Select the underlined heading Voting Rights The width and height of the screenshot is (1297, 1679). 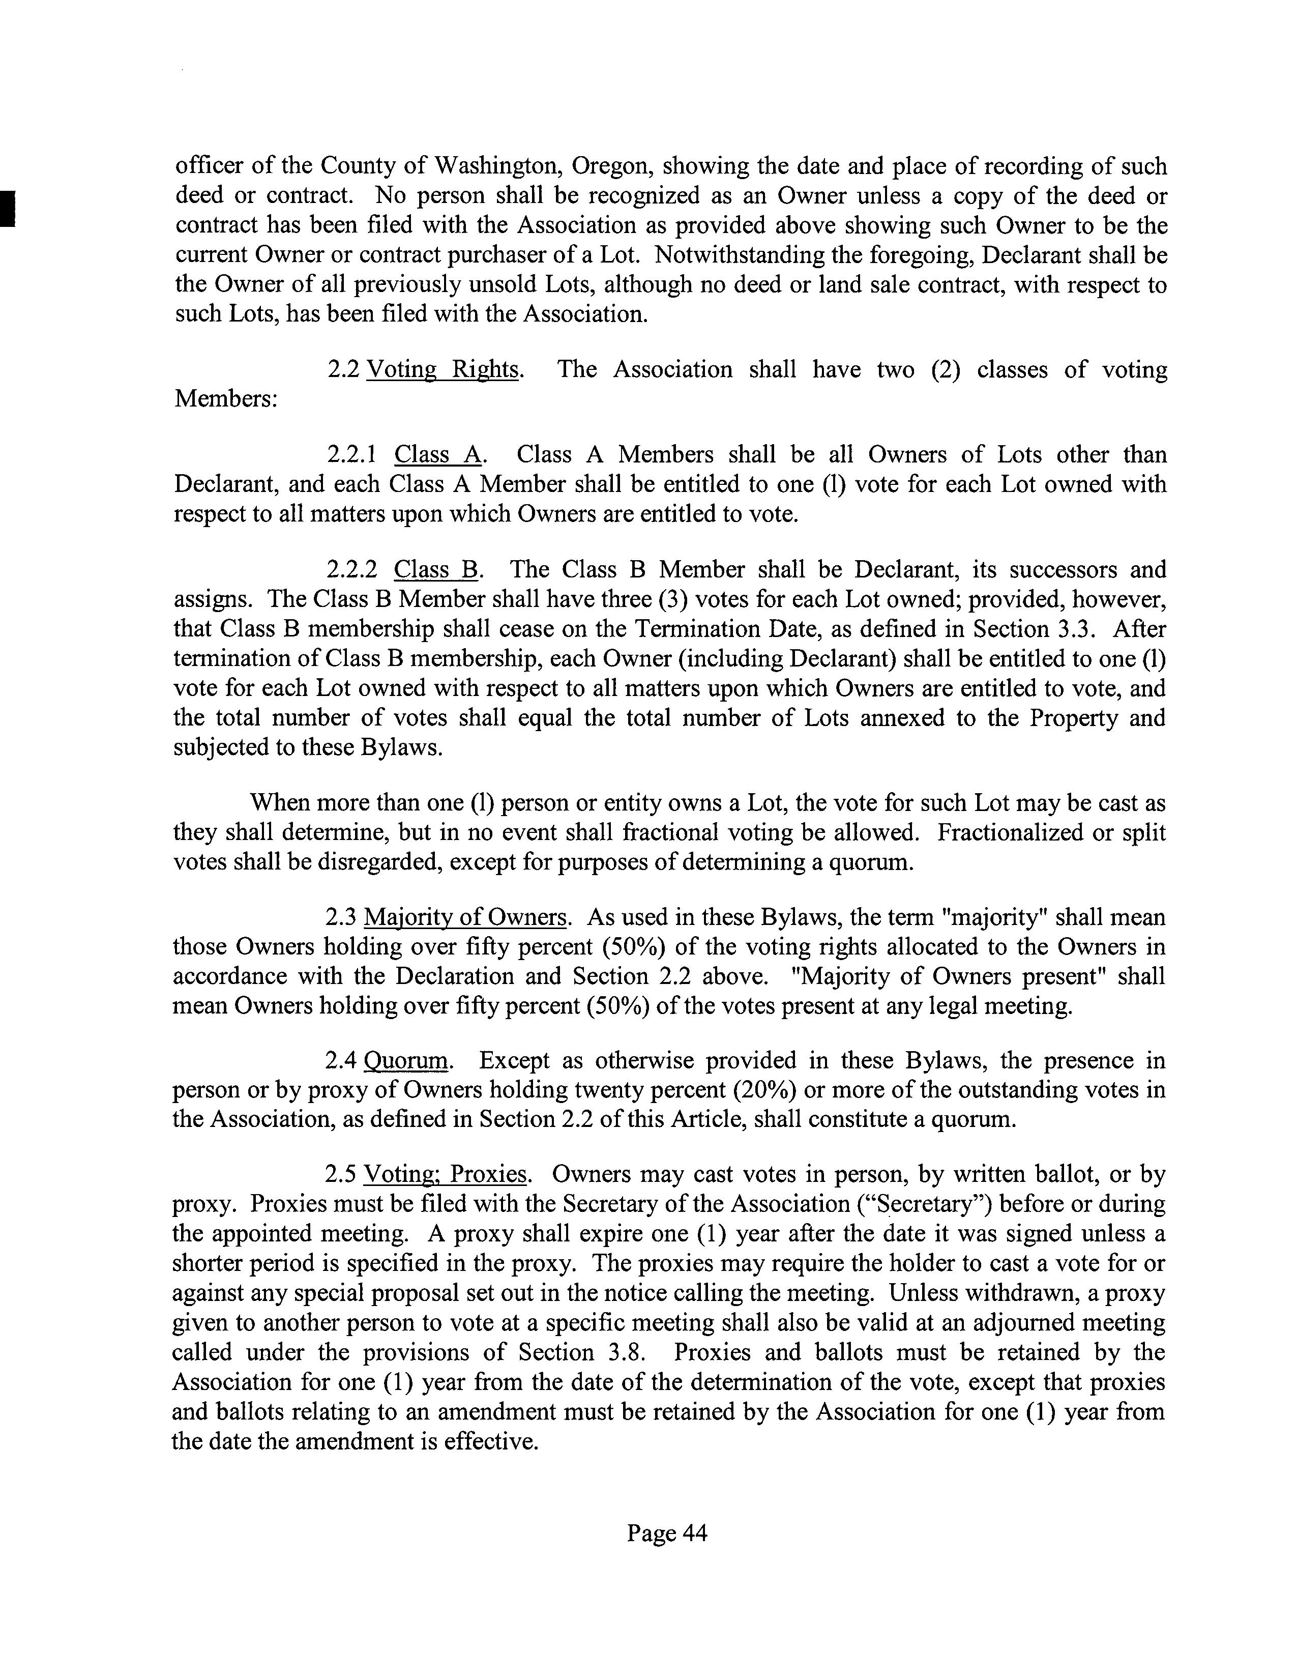tap(442, 370)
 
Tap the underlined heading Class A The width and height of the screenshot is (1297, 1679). tap(437, 455)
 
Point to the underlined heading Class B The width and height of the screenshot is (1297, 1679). tap(436, 570)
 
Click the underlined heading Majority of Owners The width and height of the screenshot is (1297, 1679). tap(465, 918)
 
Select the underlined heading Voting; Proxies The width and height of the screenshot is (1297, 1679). tap(445, 1175)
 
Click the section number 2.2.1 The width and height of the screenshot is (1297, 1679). tap(351, 455)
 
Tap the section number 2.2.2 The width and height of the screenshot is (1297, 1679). tap(351, 570)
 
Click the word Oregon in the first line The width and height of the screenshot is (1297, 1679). tap(612, 167)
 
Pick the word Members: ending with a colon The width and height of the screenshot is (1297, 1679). tap(226, 400)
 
